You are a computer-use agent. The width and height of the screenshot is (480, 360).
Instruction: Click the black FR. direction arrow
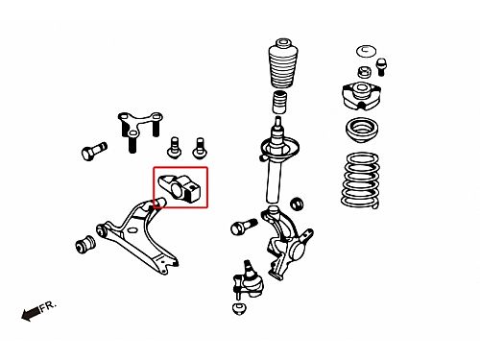click(31, 313)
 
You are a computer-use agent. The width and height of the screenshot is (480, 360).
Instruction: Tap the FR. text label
click(48, 305)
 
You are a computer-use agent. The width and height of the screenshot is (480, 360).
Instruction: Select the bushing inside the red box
click(180, 188)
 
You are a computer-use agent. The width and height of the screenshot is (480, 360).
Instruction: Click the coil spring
click(360, 180)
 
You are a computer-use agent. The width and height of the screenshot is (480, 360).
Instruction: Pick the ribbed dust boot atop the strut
click(282, 63)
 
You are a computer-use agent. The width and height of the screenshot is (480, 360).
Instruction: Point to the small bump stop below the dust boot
click(279, 102)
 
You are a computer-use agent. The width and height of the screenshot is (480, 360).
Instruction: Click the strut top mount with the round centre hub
click(362, 96)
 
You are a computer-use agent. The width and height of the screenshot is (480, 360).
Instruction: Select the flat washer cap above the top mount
click(366, 52)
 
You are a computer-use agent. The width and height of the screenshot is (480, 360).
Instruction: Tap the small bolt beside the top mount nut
click(381, 67)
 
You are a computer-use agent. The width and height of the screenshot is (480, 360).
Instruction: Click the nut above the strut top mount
click(364, 72)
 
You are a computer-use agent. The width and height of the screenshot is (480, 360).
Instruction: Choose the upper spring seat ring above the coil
click(362, 130)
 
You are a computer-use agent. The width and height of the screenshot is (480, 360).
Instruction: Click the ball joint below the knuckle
click(249, 280)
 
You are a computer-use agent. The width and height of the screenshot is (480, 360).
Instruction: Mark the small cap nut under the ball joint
click(239, 309)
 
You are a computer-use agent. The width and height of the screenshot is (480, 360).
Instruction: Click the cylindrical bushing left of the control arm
click(85, 244)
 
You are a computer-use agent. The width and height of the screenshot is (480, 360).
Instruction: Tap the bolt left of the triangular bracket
click(94, 151)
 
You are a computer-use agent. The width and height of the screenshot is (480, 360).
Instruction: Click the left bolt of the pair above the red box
click(175, 148)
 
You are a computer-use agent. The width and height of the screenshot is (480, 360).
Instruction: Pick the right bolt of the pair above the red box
click(200, 148)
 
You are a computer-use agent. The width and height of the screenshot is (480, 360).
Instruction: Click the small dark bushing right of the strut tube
click(297, 204)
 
